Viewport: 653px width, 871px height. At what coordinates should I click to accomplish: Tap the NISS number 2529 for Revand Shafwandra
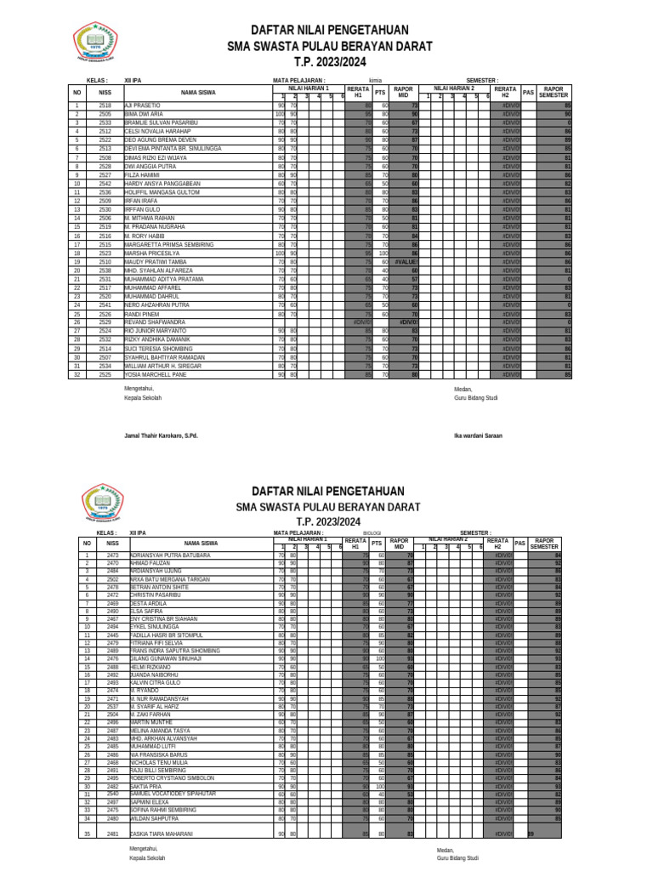pos(105,322)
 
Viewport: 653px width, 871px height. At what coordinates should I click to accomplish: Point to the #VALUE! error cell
pos(406,262)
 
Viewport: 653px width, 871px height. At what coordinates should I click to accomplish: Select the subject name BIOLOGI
pos(372,533)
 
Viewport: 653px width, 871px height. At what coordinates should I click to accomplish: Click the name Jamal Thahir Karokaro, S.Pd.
pos(161,435)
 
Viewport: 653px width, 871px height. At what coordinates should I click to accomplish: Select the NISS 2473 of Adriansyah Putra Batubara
pos(112,555)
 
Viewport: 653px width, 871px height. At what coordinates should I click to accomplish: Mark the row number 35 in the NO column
pos(86,834)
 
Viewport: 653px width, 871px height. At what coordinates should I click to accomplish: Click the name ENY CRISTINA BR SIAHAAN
pos(165,618)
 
